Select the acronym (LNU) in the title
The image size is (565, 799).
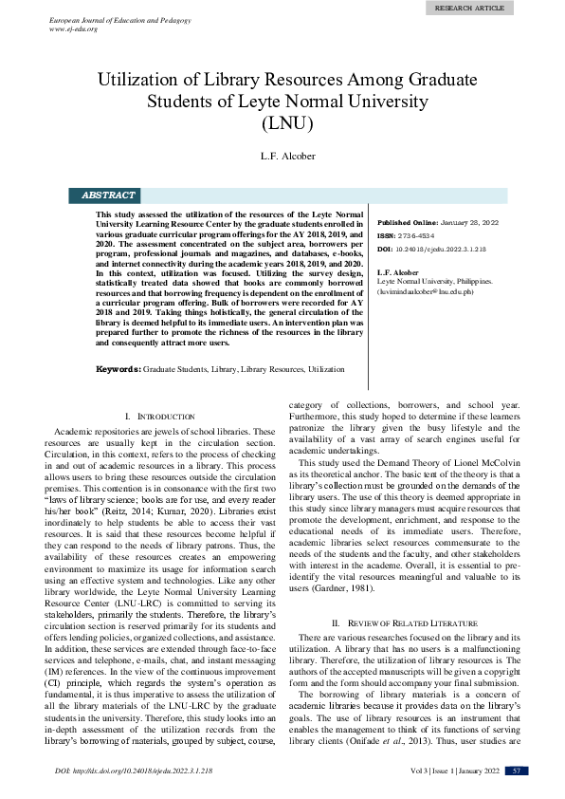(x=282, y=121)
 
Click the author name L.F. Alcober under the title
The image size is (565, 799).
(x=282, y=156)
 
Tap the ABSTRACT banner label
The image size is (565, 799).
(x=108, y=195)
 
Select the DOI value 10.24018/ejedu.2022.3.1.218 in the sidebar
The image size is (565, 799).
(x=446, y=249)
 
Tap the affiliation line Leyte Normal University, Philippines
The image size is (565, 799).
(x=434, y=283)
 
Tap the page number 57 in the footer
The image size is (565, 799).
(x=517, y=770)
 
